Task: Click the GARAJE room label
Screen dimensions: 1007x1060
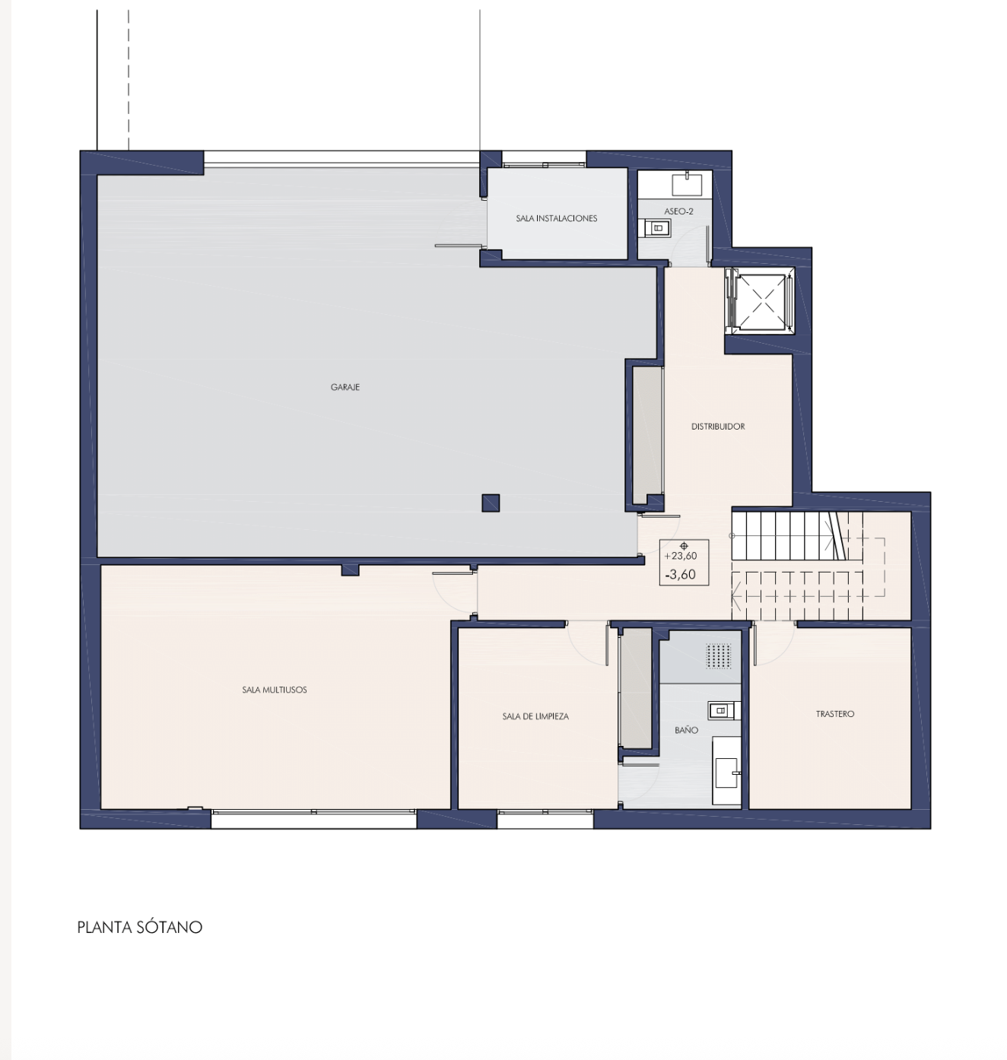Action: tap(345, 387)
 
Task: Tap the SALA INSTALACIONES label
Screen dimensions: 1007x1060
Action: tap(556, 218)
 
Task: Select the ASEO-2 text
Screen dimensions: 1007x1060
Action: tap(678, 211)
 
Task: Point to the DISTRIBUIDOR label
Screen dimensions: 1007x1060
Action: tap(718, 427)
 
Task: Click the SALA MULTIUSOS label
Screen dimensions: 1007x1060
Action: tap(274, 690)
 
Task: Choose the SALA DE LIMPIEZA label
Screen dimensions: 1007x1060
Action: tap(535, 716)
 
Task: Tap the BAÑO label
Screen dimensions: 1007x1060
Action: tap(686, 730)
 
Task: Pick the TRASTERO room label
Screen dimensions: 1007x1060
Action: tap(835, 714)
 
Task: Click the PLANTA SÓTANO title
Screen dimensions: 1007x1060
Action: tap(140, 927)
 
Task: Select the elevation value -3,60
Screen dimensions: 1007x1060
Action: tap(681, 574)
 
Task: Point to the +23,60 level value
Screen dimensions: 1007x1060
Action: tap(681, 556)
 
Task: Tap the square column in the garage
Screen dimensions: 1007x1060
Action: tap(491, 503)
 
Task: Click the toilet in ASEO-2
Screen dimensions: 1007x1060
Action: tap(657, 228)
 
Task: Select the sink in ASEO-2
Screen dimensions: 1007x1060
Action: tap(687, 184)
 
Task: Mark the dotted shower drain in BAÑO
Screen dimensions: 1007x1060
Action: tap(719, 656)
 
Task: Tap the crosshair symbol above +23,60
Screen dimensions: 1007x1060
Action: tap(684, 546)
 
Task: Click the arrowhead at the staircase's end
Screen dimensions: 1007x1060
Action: tap(735, 597)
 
